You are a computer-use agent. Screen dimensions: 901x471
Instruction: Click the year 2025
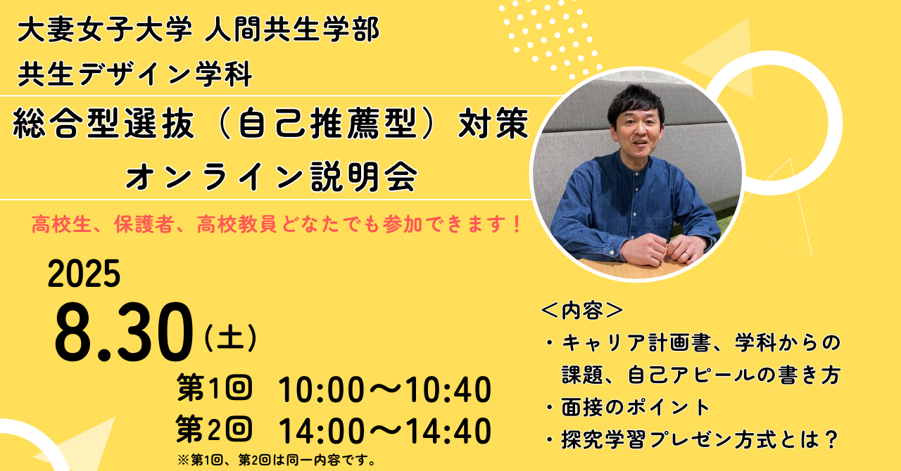point(84,273)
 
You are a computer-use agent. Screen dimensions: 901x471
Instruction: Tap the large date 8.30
point(124,332)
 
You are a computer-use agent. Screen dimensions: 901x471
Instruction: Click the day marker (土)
point(230,337)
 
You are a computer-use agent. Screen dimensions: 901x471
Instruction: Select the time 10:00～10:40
point(384,389)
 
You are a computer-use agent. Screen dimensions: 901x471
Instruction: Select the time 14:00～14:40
point(384,431)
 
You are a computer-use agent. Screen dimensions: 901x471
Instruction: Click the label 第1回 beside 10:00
point(215,387)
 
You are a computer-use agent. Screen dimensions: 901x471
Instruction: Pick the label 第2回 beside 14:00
point(215,429)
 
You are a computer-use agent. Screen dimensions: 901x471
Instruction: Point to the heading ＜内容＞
point(582,311)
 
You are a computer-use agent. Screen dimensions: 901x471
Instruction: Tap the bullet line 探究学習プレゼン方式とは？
point(692,439)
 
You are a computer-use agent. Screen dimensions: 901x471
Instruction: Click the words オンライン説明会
point(272,176)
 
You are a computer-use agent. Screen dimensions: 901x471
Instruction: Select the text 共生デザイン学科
point(135,74)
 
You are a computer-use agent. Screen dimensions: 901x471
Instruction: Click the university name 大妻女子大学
point(105,30)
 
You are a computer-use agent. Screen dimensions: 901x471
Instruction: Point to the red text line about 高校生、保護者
point(277,224)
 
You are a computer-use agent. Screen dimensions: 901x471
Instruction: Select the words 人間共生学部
point(292,30)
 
